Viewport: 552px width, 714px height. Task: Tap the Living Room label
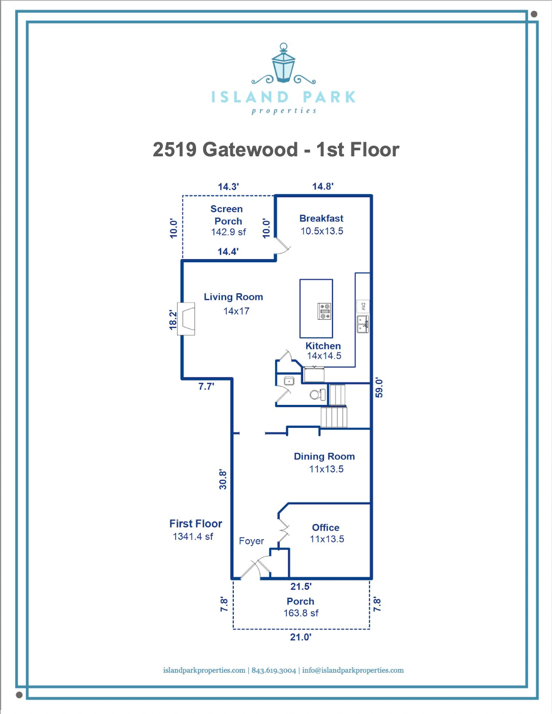point(233,297)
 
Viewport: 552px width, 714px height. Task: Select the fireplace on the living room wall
point(186,319)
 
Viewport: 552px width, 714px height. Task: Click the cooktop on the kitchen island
point(324,311)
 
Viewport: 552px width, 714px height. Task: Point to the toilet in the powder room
point(318,394)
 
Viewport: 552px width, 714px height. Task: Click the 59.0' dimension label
point(379,388)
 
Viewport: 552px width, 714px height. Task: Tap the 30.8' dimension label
point(223,480)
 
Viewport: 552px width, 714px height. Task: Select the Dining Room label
point(324,456)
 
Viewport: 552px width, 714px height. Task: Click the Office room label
point(325,528)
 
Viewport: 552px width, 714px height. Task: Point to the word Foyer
point(252,541)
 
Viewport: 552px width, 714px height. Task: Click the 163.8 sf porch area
point(301,613)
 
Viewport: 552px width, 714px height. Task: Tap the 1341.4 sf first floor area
point(193,537)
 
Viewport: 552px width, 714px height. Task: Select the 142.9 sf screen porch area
point(228,232)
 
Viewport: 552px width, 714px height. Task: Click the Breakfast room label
point(321,218)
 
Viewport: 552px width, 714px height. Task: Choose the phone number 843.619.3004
point(273,670)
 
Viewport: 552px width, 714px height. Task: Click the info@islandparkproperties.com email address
point(353,670)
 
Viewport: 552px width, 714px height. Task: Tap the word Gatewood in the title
point(250,150)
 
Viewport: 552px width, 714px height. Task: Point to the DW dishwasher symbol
point(364,307)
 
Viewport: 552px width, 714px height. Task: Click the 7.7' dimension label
point(206,387)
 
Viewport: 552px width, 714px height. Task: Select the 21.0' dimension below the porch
point(300,637)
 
